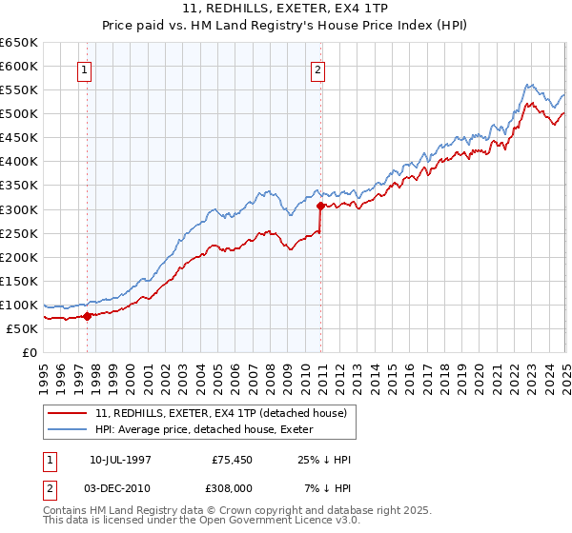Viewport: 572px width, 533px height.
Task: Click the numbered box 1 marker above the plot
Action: pos(85,69)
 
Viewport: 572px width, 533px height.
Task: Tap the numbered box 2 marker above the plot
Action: pos(317,69)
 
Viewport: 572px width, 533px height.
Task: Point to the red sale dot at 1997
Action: pos(87,316)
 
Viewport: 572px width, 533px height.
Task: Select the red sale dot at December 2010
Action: pos(319,205)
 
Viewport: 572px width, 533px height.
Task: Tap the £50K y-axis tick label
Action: pos(22,328)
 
